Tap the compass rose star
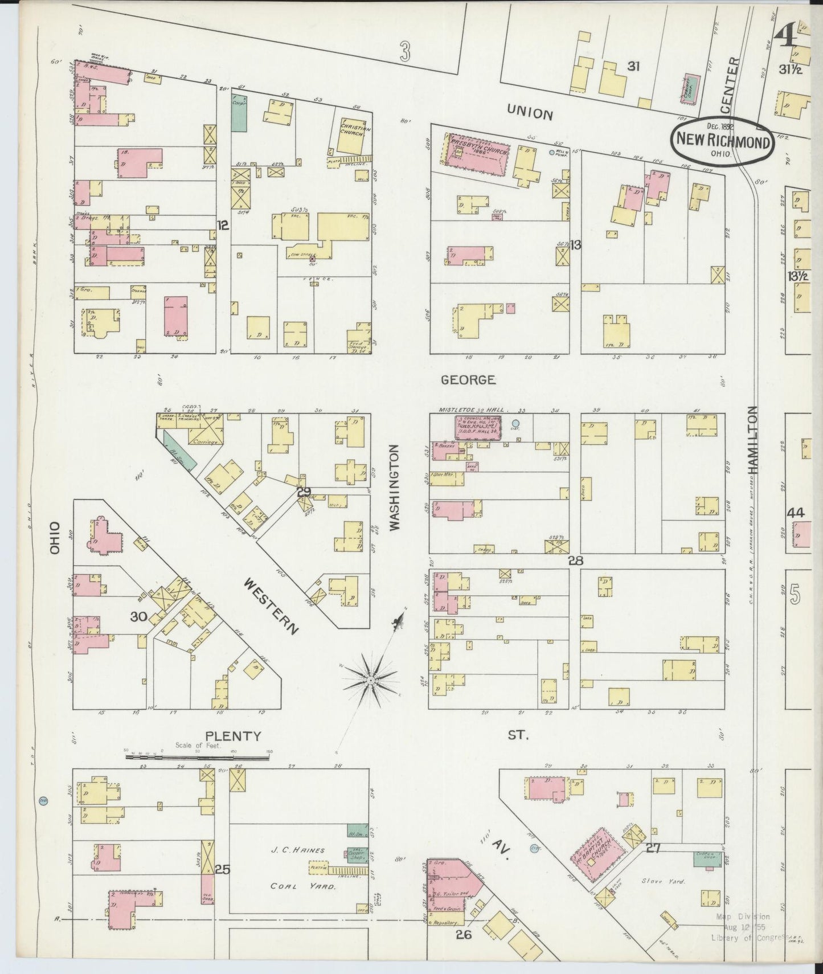371,680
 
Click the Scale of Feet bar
197,757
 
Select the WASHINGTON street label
395,488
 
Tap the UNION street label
530,114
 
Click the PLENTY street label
233,736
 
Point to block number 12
223,226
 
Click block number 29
304,492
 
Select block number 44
795,513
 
